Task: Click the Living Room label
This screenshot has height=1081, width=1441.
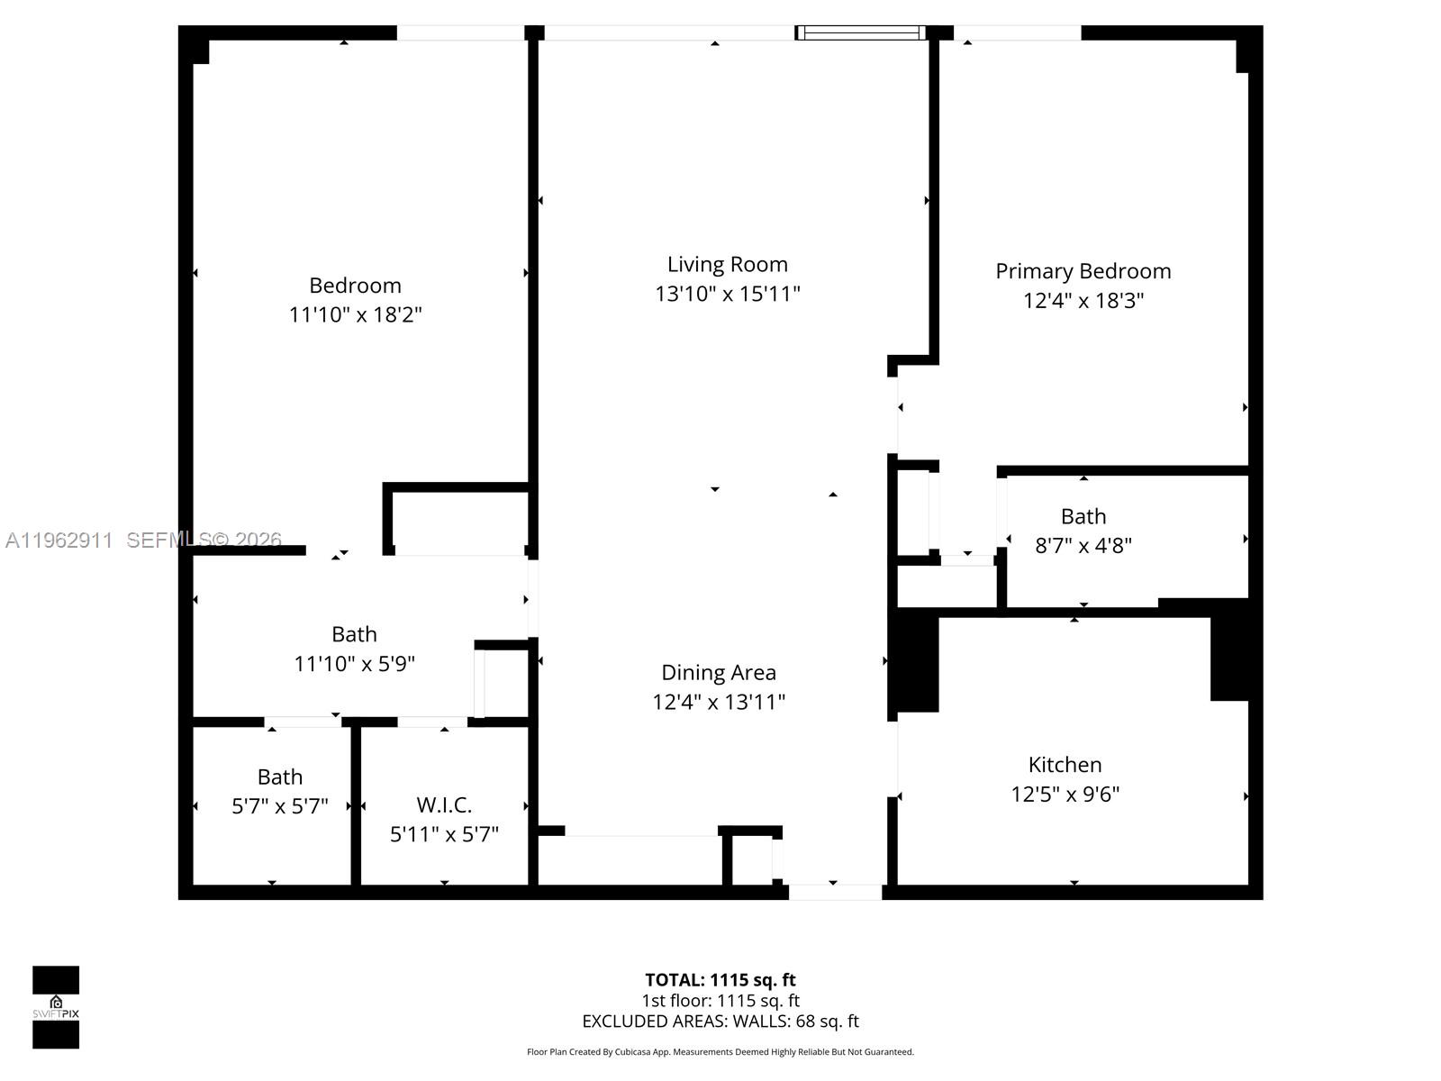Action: coord(727,265)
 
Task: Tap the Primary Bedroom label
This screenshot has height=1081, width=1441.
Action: coord(1083,271)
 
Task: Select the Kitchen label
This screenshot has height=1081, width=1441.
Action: coord(1065,765)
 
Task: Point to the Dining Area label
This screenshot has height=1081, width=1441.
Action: coord(718,673)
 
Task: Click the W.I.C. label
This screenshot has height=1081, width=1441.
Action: coord(444,805)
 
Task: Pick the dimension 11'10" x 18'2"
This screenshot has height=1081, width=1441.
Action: coord(355,315)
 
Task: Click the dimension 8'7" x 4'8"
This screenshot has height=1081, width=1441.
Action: coord(1083,546)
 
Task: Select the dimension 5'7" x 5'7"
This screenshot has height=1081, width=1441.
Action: coord(279,806)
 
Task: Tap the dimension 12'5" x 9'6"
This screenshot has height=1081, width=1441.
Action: coord(1065,795)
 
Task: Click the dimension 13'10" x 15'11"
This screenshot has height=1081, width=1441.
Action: coord(727,295)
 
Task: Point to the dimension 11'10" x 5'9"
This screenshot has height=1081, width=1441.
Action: coord(354,664)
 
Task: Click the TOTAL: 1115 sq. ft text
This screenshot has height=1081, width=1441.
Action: coord(720,980)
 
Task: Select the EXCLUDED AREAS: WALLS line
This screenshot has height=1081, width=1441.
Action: coord(720,1022)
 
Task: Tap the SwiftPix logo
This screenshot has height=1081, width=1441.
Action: coord(56,1007)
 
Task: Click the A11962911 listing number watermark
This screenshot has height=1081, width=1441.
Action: coord(59,540)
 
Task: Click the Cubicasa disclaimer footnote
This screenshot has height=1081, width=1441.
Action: coord(720,1052)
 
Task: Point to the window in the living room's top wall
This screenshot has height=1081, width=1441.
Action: coord(860,33)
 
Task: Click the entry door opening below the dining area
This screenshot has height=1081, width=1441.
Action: coord(835,892)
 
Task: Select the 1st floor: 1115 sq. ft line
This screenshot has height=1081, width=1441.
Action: coord(720,1001)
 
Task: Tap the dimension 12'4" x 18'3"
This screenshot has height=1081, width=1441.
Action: coord(1083,301)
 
